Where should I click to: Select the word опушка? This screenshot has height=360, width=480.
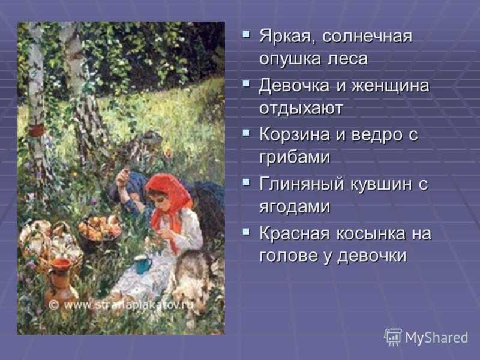[x=289, y=58]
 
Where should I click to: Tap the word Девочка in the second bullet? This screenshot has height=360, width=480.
[x=295, y=85]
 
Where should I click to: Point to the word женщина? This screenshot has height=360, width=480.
[x=390, y=86]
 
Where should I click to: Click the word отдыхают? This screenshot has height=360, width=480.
[x=301, y=108]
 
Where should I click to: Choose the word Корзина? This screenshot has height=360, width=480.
[x=295, y=135]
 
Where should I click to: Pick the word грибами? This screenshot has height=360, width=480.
[x=295, y=158]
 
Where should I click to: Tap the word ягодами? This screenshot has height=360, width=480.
[x=295, y=207]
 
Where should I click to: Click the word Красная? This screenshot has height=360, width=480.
[x=295, y=233]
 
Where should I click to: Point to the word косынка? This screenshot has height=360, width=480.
[x=370, y=233]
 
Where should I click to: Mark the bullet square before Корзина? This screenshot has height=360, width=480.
[x=246, y=133]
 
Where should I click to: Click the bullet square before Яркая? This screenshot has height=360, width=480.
[x=246, y=34]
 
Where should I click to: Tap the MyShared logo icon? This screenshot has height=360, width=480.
[x=393, y=337]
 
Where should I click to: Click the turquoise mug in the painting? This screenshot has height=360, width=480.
[x=143, y=264]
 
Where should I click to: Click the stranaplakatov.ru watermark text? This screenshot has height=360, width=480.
[x=122, y=305]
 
